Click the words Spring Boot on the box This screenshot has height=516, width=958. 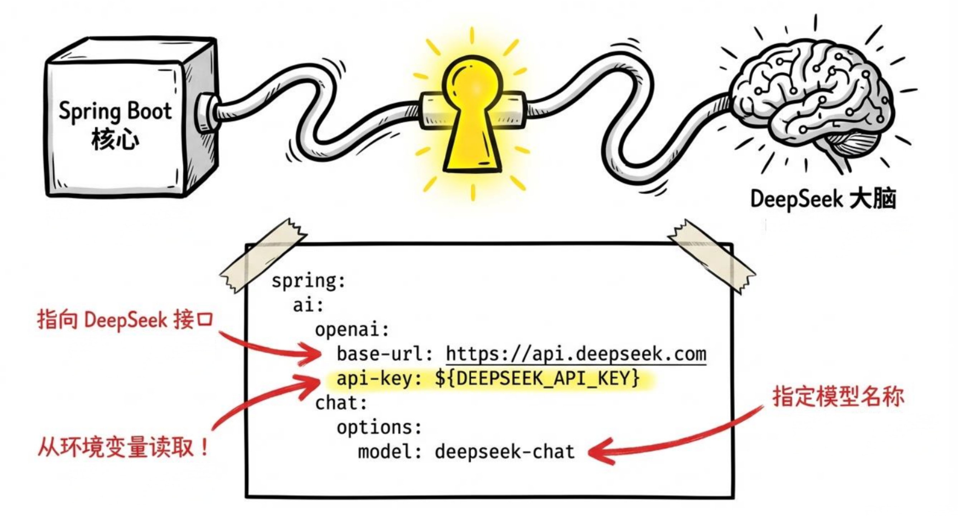(x=115, y=111)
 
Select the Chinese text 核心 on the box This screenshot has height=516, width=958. (x=115, y=140)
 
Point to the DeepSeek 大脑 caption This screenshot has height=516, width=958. (x=823, y=199)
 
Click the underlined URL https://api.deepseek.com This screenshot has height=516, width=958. (x=576, y=354)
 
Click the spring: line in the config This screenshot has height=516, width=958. (x=308, y=281)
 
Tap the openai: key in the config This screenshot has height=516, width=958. (x=352, y=329)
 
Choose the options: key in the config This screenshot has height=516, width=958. (x=379, y=428)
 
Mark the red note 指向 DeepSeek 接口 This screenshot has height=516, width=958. (x=125, y=320)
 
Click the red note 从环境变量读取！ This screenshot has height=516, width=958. (x=123, y=447)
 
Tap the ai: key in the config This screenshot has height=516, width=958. (x=308, y=305)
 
